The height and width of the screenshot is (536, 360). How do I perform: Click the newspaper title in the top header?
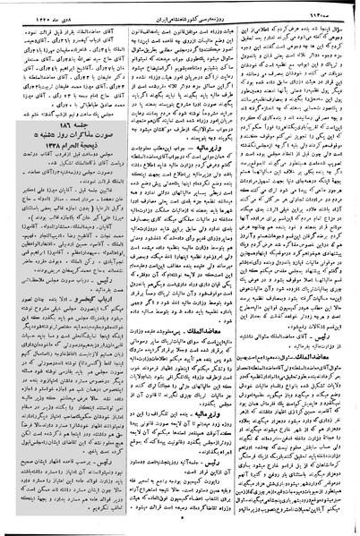tap(184, 8)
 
